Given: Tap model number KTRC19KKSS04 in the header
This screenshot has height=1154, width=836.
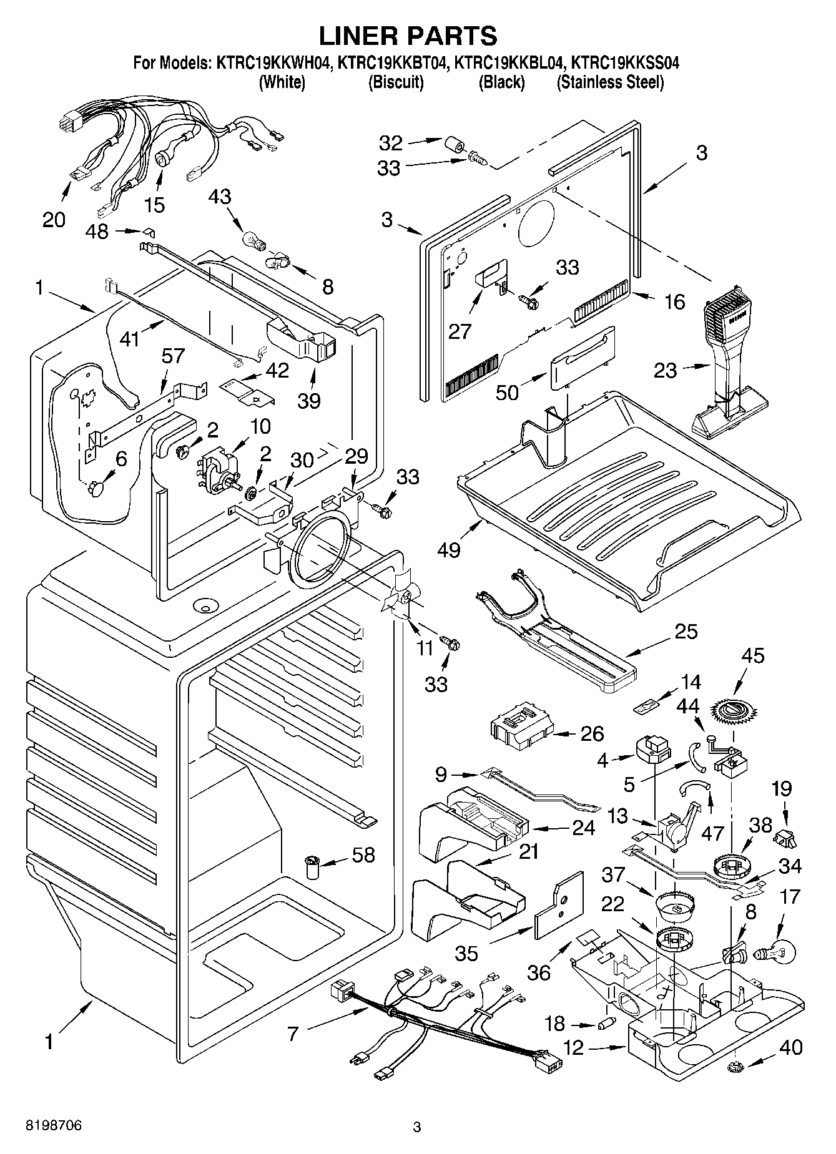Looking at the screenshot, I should (625, 63).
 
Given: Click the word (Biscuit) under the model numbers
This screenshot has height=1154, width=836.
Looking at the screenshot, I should (396, 82).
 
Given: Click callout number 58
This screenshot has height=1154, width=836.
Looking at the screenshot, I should (363, 854).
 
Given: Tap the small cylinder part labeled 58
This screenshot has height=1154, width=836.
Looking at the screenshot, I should (312, 868).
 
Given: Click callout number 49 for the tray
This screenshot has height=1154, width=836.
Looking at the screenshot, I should (449, 550).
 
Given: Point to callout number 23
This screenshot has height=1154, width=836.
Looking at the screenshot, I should (665, 371).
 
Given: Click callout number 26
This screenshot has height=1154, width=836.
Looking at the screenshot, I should (592, 733).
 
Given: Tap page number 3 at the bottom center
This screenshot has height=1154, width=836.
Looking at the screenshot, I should (417, 1127).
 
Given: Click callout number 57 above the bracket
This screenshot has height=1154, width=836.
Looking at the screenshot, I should (173, 356).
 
